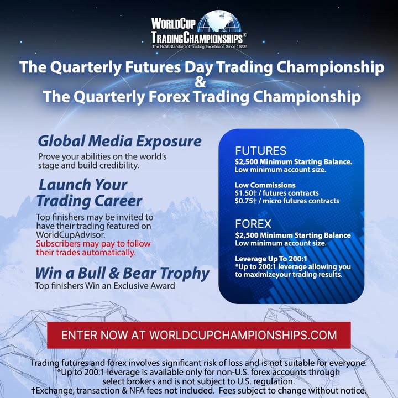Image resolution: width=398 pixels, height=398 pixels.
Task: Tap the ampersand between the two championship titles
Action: click(x=200, y=82)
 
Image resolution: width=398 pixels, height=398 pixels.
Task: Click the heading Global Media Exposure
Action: click(x=119, y=141)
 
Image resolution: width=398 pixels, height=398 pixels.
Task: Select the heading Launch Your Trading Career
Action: click(x=90, y=192)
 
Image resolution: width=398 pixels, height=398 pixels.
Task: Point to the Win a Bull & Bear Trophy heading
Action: click(x=122, y=273)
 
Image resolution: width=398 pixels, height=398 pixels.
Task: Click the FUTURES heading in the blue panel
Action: click(x=260, y=151)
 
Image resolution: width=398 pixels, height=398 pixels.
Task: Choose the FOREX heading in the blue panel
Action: click(x=253, y=224)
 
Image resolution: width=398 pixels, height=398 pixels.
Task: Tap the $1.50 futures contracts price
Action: click(x=276, y=193)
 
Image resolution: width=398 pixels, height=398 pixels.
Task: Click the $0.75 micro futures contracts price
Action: click(x=287, y=201)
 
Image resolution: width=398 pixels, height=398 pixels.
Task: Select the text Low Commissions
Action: click(x=265, y=185)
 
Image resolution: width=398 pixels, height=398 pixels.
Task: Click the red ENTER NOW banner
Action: click(x=199, y=335)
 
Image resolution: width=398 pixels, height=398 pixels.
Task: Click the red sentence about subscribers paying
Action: click(x=93, y=248)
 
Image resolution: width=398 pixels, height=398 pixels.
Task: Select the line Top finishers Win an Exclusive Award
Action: click(x=104, y=286)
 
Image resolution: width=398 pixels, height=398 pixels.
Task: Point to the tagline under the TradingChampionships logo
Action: click(x=199, y=47)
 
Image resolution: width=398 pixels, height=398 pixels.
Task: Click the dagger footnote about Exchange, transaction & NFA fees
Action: click(x=199, y=390)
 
